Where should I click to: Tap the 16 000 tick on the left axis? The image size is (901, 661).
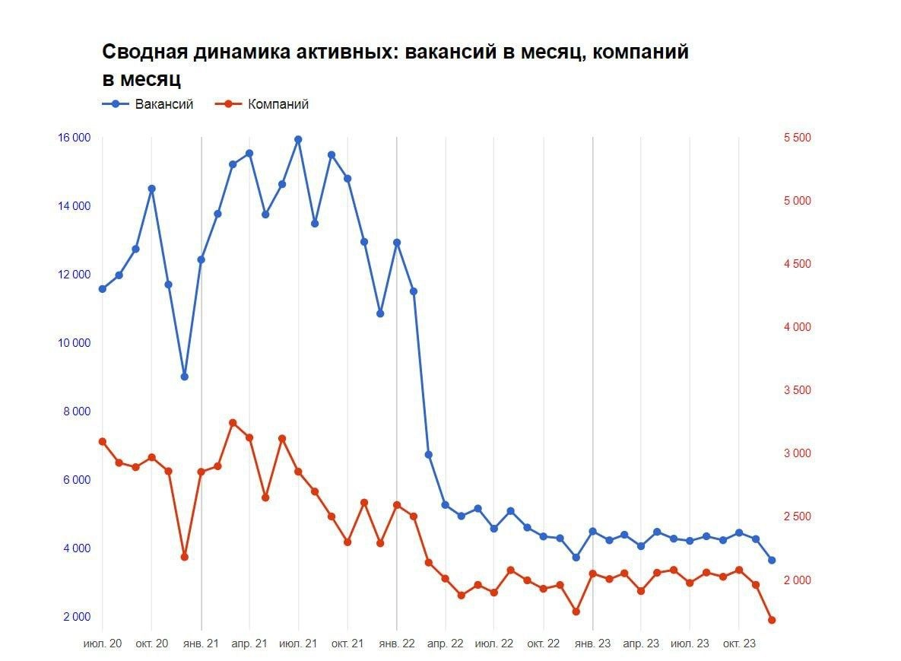(x=74, y=138)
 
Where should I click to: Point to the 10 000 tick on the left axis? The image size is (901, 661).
(x=74, y=343)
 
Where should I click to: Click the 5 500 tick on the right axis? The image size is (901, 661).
(x=797, y=138)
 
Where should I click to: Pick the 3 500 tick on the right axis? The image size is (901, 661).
(x=797, y=390)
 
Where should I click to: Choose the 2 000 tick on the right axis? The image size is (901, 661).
(x=797, y=580)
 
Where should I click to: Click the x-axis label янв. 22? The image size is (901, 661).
(x=397, y=644)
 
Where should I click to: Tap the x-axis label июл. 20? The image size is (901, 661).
(x=103, y=644)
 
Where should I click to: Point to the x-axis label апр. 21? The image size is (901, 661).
(x=249, y=644)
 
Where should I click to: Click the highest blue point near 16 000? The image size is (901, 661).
(x=298, y=139)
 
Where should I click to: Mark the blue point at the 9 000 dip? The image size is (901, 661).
(x=184, y=377)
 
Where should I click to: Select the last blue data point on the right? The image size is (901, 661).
(x=772, y=560)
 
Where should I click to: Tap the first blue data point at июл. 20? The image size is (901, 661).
(x=103, y=288)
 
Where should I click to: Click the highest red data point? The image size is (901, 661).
(x=233, y=423)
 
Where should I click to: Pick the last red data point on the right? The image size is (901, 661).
(x=772, y=620)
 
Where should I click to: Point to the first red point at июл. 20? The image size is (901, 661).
(x=103, y=441)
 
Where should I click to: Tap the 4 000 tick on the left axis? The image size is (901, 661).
(x=74, y=548)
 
